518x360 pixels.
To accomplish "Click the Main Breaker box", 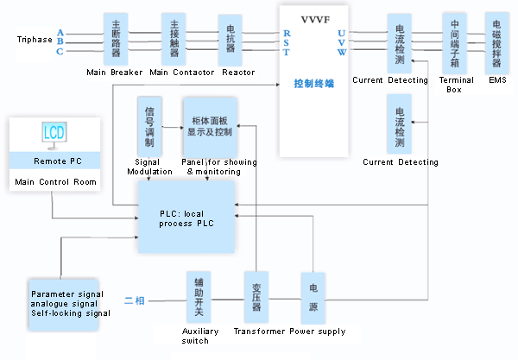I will [x=117, y=38].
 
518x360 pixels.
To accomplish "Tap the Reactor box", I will [x=230, y=39].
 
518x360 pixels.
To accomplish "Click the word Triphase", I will [x=34, y=41].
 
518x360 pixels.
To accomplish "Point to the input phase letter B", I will [x=60, y=41].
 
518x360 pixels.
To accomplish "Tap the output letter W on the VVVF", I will [x=342, y=52].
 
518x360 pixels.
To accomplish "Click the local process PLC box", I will [x=186, y=218].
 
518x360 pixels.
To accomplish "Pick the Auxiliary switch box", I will [x=199, y=298].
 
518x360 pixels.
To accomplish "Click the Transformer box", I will [x=256, y=298].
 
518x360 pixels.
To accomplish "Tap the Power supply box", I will [x=313, y=298].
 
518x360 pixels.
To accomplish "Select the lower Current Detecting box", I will [x=400, y=124].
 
